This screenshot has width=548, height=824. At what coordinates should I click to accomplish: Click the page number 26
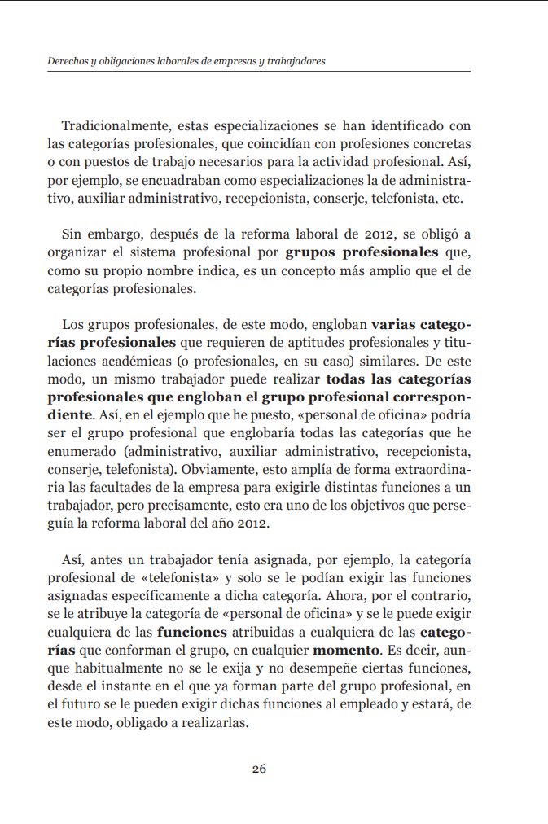point(259,769)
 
